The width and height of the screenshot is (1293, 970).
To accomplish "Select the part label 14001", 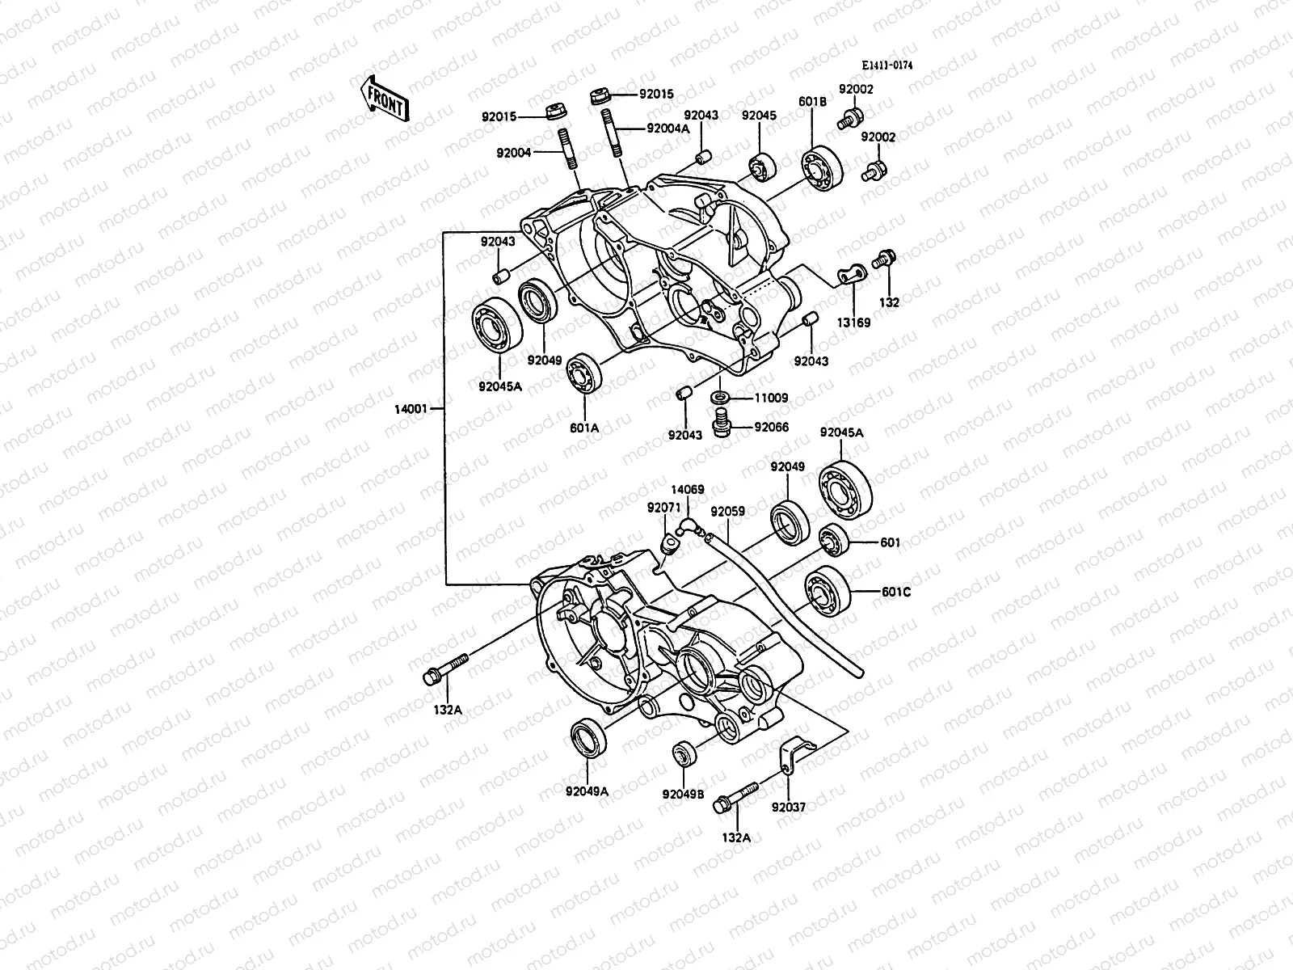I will [411, 409].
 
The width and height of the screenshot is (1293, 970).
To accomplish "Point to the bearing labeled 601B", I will [822, 170].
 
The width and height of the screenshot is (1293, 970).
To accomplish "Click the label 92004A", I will [668, 129].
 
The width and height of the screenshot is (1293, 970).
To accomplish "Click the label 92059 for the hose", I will [727, 512].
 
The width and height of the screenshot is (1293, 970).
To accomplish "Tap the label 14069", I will [687, 490].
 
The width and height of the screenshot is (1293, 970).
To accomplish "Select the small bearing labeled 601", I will [832, 540].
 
